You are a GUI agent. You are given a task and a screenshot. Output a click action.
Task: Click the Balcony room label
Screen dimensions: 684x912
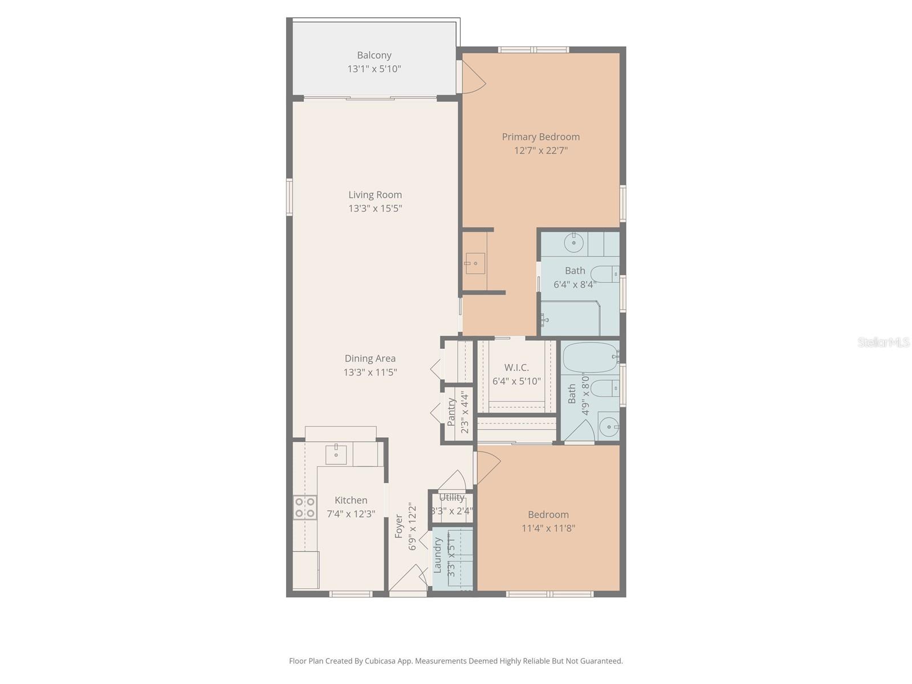374,55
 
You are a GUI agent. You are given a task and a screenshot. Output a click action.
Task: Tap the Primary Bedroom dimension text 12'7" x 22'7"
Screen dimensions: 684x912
540,150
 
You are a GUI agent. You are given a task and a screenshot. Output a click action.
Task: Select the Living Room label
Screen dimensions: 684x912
375,195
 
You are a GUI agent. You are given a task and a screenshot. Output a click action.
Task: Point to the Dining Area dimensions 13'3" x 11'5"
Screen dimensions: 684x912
370,372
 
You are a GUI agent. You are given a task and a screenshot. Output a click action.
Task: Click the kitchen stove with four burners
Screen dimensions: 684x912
304,507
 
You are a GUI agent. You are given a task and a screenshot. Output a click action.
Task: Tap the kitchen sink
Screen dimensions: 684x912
336,455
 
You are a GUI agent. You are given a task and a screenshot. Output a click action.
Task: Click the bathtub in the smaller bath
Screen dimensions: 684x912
590,357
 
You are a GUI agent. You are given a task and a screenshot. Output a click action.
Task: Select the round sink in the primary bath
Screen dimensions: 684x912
573,243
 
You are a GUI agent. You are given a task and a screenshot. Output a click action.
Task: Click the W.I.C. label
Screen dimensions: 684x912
516,368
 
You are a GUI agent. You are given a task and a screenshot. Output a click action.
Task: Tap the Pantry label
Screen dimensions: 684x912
451,412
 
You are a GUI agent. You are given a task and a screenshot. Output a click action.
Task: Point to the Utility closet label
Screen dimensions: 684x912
452,498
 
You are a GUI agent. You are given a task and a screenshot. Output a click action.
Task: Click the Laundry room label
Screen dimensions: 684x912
438,555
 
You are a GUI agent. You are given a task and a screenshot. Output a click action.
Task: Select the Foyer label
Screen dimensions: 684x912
399,526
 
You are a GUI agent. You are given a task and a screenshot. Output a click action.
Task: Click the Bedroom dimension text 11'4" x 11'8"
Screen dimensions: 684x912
548,528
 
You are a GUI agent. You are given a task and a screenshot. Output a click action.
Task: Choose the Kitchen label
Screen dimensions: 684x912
351,500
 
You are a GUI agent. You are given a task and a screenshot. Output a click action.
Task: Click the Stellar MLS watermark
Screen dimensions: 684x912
883,342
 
